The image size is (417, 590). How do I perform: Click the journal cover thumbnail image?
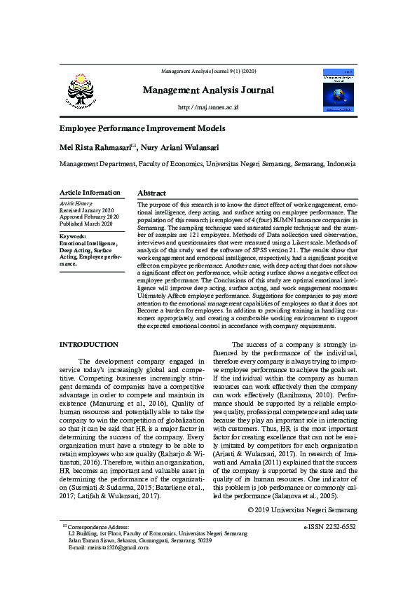tap(339, 90)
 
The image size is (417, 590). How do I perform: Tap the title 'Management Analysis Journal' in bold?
tap(208, 90)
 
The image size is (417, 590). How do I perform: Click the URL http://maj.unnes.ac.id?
tap(208, 107)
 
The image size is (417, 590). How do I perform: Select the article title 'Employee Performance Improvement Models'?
tap(142, 129)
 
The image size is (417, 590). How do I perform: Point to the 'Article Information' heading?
tap(90, 193)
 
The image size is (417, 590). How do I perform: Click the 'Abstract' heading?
tap(151, 193)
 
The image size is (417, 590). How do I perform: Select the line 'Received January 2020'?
tap(86, 210)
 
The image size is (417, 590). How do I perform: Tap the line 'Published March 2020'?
tap(86, 224)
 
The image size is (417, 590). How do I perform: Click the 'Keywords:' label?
tap(72, 237)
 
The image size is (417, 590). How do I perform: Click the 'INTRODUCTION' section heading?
tap(88, 345)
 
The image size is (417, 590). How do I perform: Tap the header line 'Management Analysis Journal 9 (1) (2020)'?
tap(208, 71)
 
